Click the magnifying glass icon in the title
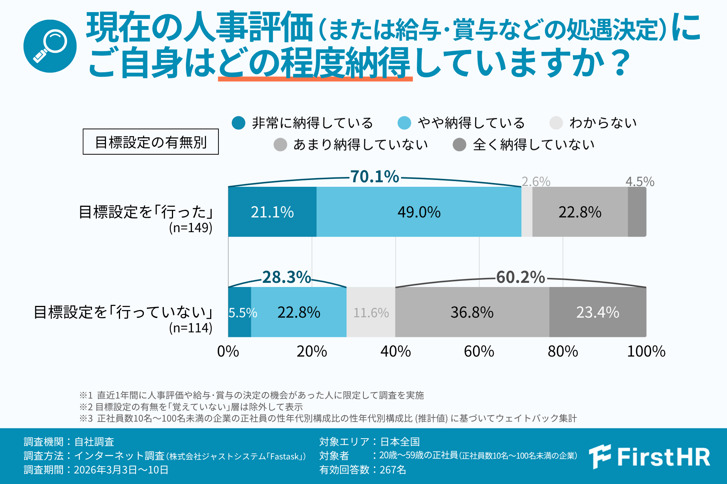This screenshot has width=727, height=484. (x=50, y=46)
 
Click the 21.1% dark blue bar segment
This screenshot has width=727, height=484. (x=272, y=212)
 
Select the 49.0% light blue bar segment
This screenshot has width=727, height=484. (x=419, y=212)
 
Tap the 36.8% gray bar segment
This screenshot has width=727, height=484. (x=472, y=312)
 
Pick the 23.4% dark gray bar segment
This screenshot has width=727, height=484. (x=598, y=312)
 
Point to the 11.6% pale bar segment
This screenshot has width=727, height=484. (x=371, y=312)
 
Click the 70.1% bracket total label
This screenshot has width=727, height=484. (x=374, y=177)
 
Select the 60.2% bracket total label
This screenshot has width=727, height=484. (x=520, y=277)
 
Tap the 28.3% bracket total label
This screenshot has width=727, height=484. (x=286, y=277)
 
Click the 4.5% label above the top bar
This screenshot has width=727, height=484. (x=640, y=181)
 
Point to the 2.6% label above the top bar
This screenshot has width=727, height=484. (x=536, y=181)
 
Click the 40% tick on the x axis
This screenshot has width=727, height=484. (x=395, y=351)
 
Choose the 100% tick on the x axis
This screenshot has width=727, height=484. (x=646, y=351)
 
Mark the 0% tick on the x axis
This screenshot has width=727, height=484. (x=228, y=351)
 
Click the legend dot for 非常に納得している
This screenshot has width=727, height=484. (x=239, y=123)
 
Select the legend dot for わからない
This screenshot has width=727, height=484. (x=556, y=123)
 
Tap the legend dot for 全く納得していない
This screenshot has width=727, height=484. (x=459, y=144)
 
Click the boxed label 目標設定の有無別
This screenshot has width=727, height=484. (x=151, y=142)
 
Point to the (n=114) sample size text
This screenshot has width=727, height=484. (x=190, y=328)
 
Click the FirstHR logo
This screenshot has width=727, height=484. (x=650, y=456)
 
